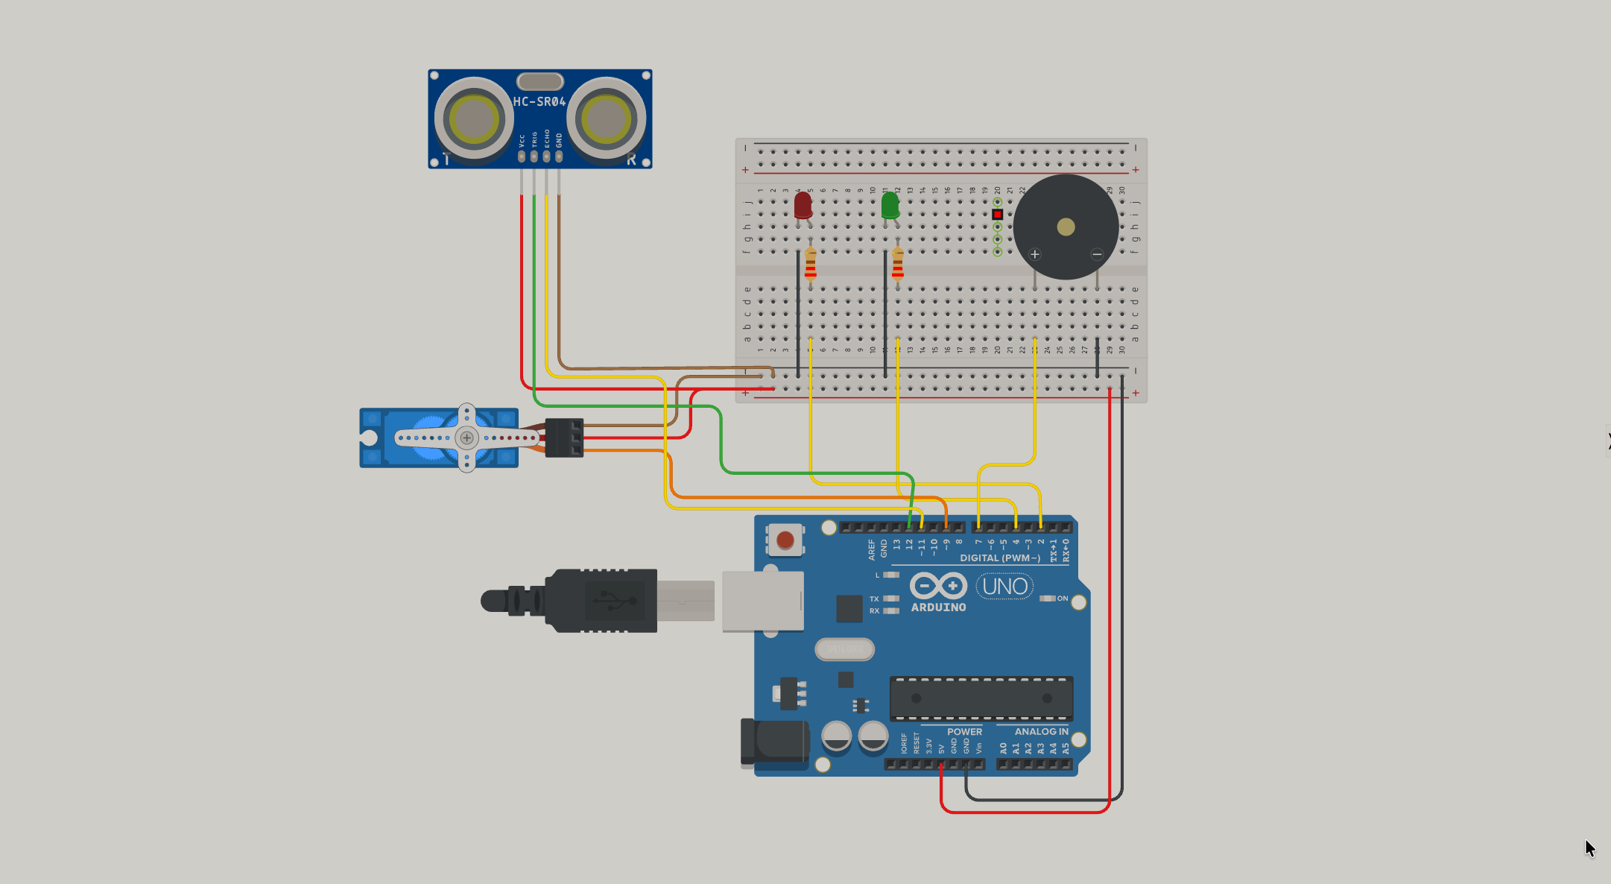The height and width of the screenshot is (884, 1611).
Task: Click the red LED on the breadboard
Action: click(x=803, y=205)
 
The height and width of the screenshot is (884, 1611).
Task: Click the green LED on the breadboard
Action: click(x=890, y=205)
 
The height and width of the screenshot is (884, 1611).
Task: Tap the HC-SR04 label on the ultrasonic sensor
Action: click(x=539, y=101)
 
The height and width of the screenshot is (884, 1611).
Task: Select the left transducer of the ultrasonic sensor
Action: click(x=474, y=119)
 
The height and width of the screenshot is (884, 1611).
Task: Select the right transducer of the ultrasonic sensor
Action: click(x=606, y=119)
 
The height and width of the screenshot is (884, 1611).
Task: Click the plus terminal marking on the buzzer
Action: click(x=1035, y=254)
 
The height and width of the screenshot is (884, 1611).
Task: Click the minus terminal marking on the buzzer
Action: click(x=1097, y=254)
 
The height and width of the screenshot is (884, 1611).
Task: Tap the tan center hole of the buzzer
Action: click(x=1066, y=227)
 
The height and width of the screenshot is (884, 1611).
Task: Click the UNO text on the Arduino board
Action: click(x=1004, y=587)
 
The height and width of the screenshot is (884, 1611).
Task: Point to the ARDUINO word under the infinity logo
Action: click(x=938, y=607)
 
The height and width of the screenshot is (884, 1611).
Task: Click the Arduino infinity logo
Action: click(x=938, y=586)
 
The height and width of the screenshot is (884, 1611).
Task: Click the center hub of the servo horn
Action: click(x=466, y=438)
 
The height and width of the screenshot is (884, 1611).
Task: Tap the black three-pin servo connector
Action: click(x=564, y=438)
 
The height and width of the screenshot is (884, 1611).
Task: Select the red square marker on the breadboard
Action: click(x=997, y=215)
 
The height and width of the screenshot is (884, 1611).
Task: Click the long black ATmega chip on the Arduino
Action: click(x=981, y=698)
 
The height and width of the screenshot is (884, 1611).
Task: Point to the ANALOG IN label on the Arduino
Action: click(x=1041, y=732)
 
